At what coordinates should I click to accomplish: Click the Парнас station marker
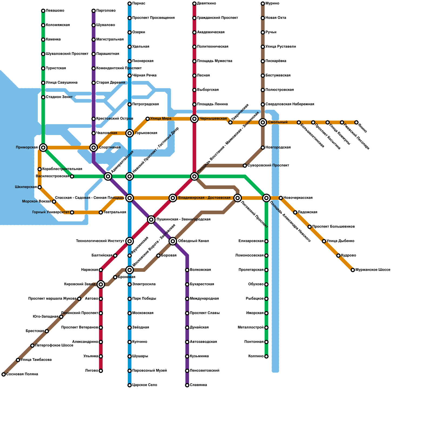[x=130, y=4]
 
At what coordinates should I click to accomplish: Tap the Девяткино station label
[x=207, y=4]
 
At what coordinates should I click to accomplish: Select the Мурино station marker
[x=263, y=4]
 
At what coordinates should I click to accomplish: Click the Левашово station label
[x=55, y=11]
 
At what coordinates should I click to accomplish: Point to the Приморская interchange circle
[x=43, y=147]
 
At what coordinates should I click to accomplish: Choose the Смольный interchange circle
[x=263, y=122]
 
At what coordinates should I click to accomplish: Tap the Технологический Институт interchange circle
[x=130, y=241]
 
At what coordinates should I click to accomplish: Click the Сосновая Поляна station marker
[x=4, y=374]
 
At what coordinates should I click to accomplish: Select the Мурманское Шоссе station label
[x=373, y=270]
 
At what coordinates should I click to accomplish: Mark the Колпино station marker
[x=266, y=356]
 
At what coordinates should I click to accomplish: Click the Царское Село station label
[x=145, y=385]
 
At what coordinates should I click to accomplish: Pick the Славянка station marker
[x=187, y=385]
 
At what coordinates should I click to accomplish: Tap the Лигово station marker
[x=101, y=371]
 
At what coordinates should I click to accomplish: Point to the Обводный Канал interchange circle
[x=173, y=241]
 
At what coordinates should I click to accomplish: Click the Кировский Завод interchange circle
[x=101, y=284]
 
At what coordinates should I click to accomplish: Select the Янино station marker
[x=356, y=122]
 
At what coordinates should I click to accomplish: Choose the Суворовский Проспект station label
[x=268, y=166]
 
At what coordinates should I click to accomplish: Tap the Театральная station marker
[x=101, y=212]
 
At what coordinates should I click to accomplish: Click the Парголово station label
[x=106, y=11]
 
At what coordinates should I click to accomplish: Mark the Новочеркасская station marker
[x=281, y=198]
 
